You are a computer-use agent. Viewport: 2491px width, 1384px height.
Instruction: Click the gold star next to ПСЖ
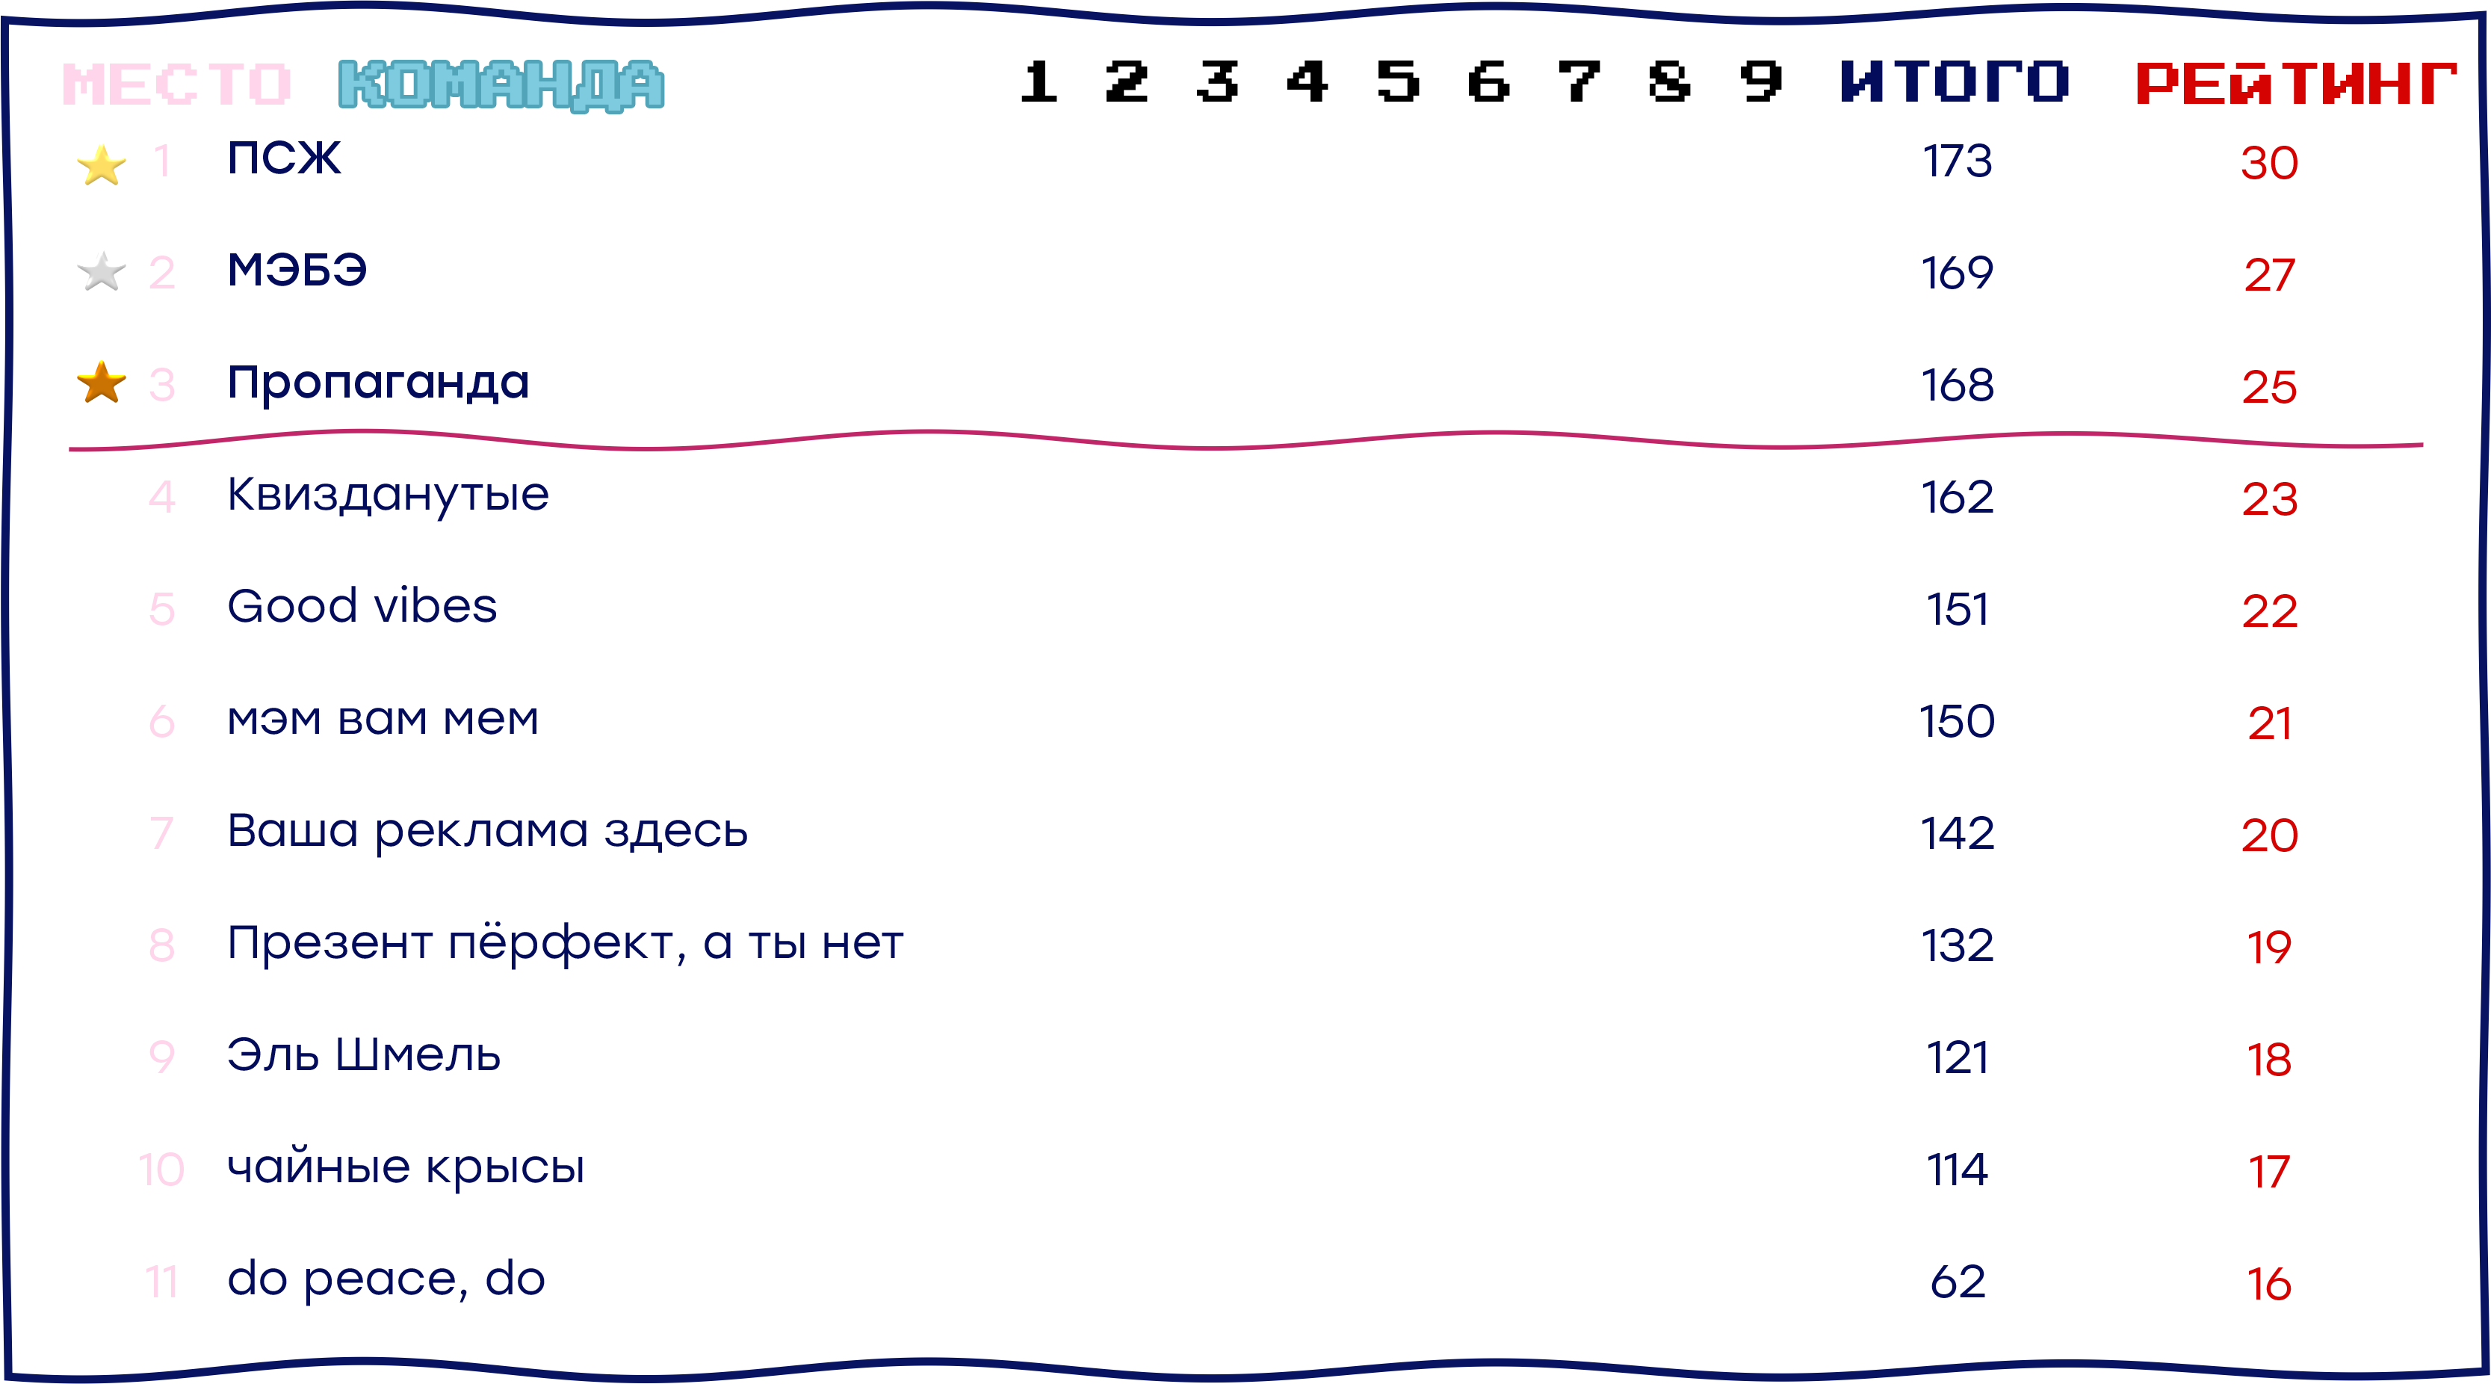(102, 165)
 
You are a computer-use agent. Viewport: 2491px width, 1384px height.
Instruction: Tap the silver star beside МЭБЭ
(102, 272)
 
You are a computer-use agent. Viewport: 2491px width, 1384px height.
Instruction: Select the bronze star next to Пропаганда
(102, 383)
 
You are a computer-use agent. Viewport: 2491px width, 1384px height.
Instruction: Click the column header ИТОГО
(1955, 81)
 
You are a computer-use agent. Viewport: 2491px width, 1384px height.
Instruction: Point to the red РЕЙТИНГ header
(2296, 83)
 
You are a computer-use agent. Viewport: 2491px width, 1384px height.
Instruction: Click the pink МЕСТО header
(177, 83)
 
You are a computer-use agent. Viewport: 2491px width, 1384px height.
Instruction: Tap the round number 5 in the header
(1398, 81)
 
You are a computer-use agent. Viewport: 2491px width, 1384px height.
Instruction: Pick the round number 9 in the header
(1761, 81)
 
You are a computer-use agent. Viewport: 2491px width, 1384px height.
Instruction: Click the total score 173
(1958, 161)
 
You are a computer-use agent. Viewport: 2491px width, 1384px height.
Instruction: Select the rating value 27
(2268, 276)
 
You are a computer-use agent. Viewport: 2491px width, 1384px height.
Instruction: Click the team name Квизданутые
(388, 496)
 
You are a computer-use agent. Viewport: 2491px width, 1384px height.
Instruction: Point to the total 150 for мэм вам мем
(1958, 721)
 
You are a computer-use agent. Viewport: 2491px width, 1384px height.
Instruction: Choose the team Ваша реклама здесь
(487, 832)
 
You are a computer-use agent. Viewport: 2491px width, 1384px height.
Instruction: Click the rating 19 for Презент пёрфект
(2268, 947)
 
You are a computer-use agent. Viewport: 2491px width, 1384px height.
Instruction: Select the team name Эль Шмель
(364, 1055)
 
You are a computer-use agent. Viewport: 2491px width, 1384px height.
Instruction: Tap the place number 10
(161, 1170)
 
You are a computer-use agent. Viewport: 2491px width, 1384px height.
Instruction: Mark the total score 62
(1958, 1282)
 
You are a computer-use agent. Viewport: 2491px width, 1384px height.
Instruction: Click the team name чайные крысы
(405, 1168)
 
